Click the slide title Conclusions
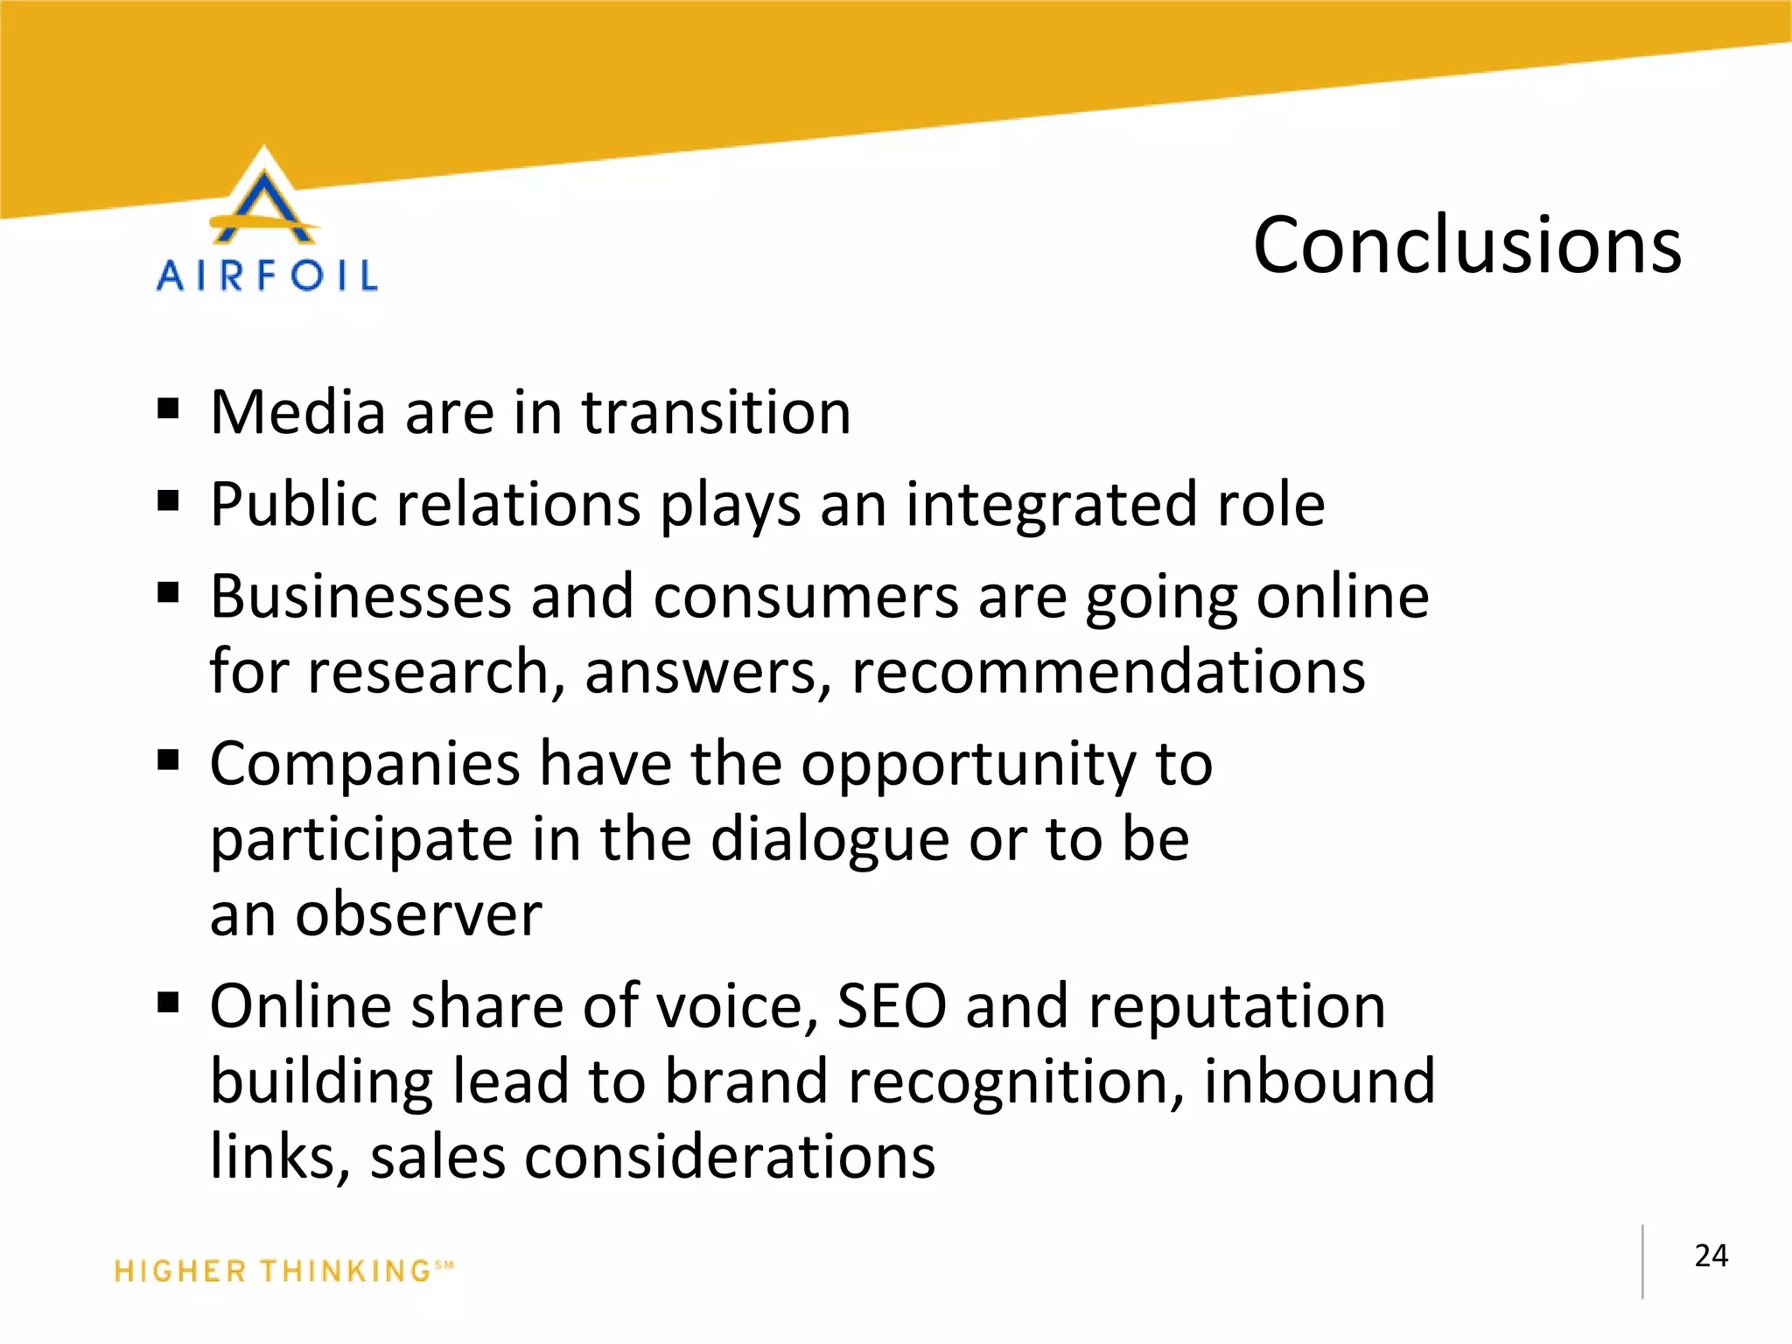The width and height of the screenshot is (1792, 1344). (1466, 246)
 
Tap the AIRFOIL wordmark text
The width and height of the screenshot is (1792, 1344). (267, 276)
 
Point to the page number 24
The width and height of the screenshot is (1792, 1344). (1711, 1256)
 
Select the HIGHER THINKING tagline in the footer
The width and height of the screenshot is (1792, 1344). (283, 1270)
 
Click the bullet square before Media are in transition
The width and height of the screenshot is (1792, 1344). (168, 409)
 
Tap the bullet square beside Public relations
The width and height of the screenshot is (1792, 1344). (168, 501)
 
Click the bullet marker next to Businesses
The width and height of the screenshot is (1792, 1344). (168, 594)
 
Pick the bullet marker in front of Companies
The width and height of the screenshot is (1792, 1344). (168, 760)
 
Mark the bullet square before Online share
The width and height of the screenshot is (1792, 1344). (168, 1002)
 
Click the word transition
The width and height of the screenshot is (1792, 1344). (716, 412)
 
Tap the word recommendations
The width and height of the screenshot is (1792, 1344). (1108, 672)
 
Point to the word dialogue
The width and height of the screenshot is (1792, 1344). (829, 840)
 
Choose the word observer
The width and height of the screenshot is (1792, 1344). (418, 915)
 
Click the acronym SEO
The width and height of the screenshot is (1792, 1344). (891, 1006)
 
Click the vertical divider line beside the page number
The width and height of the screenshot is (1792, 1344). (1642, 1261)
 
